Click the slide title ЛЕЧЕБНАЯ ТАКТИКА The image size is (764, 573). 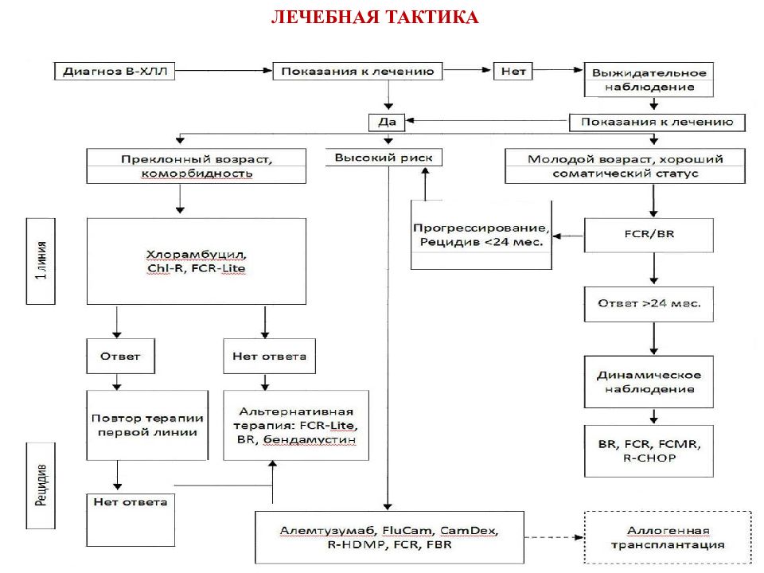pyautogui.click(x=375, y=18)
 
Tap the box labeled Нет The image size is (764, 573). pyautogui.click(x=513, y=71)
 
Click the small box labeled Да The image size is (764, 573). pyautogui.click(x=387, y=122)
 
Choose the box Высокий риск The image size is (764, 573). pyautogui.click(x=383, y=158)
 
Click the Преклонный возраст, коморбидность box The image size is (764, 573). pyautogui.click(x=197, y=166)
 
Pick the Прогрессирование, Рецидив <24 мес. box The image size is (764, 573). pyautogui.click(x=481, y=234)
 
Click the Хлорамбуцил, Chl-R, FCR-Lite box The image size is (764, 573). pyautogui.click(x=196, y=261)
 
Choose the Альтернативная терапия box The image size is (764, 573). pyautogui.click(x=297, y=425)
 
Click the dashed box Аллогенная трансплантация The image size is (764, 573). pyautogui.click(x=668, y=537)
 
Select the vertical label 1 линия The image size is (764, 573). pyautogui.click(x=41, y=261)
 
